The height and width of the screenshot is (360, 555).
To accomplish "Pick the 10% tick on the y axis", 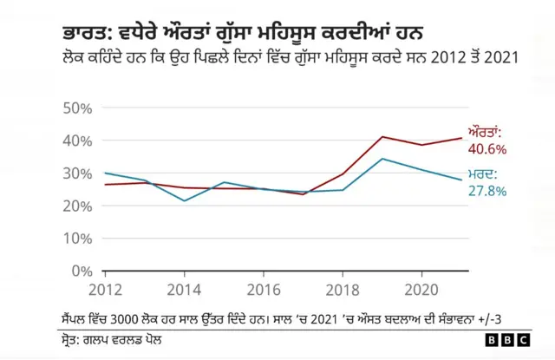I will [x=79, y=239].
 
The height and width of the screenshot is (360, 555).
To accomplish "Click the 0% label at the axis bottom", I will [x=83, y=272].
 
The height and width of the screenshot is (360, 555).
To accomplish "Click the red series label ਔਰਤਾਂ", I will [x=485, y=133].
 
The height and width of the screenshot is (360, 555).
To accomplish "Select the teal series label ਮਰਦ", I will [x=483, y=174].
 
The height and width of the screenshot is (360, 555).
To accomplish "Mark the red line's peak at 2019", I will [x=382, y=137].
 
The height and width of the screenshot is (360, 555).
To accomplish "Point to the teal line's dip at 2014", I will [x=185, y=200].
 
